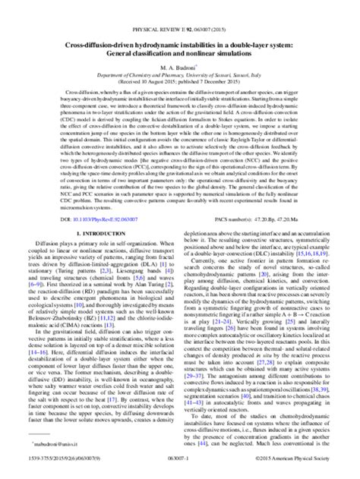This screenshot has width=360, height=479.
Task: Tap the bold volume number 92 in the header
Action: (x=188, y=11)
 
